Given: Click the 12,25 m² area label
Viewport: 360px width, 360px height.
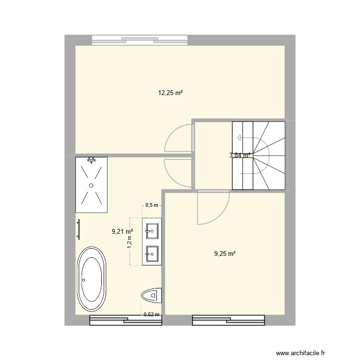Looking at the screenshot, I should point(170,93).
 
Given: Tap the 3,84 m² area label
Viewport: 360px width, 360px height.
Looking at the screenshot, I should point(240,155).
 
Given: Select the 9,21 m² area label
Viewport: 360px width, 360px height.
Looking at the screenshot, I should point(122,231).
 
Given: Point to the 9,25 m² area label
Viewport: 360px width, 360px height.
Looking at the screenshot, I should point(225,253).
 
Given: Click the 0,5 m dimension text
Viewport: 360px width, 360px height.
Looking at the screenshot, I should point(152,205).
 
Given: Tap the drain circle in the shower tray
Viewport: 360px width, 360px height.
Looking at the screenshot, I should point(90,185).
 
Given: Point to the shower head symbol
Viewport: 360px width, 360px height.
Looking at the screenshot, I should point(91,160).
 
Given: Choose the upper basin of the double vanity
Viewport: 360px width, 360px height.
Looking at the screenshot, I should point(152,230).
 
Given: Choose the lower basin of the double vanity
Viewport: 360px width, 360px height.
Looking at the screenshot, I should point(152,252).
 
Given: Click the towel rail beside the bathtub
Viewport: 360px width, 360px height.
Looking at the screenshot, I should point(79,229).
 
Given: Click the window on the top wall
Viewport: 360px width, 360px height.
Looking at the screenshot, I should point(139,40).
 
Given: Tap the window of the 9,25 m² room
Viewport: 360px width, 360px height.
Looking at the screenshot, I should point(228,320).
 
